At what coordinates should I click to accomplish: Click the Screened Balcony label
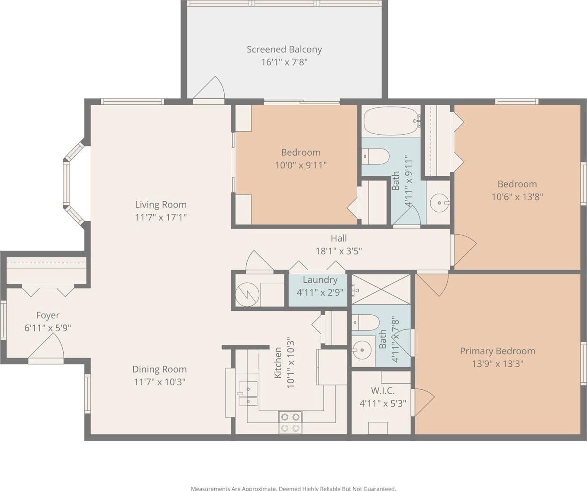tap(284, 49)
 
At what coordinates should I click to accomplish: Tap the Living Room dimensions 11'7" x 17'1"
tap(161, 217)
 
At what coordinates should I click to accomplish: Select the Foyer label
tap(48, 316)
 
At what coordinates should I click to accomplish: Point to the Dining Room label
tap(159, 369)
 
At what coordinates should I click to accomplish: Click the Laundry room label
tap(320, 280)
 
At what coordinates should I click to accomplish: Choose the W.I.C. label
tap(383, 390)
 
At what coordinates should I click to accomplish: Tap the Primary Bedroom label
tap(497, 351)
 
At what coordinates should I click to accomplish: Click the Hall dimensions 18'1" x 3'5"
tap(339, 251)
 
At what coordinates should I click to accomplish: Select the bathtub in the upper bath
tap(391, 121)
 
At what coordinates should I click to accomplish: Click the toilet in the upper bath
tap(375, 156)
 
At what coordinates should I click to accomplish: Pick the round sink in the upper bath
tap(439, 203)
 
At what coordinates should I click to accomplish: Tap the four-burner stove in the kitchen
tap(290, 423)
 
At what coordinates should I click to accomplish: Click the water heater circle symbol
tap(247, 295)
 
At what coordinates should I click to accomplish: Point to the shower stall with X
tap(381, 289)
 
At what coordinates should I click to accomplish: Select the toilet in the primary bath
tap(366, 322)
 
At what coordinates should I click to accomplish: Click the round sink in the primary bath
tap(362, 350)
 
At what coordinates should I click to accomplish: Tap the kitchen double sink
tap(248, 393)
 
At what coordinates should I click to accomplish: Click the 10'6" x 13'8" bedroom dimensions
tap(517, 197)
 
